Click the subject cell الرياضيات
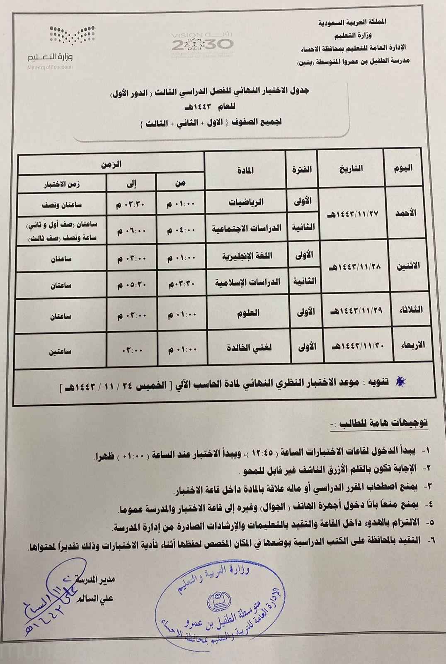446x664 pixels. click(x=247, y=202)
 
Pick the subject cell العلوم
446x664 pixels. click(x=249, y=313)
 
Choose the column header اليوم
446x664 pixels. click(x=402, y=168)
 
